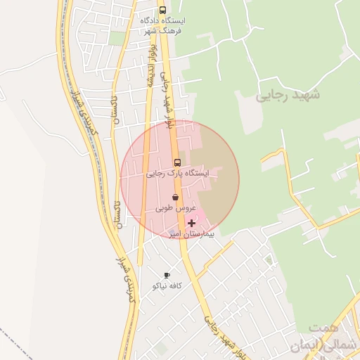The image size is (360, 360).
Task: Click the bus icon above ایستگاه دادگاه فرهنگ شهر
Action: (x=162, y=11)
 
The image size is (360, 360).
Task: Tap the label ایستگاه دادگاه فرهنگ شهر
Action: (x=161, y=26)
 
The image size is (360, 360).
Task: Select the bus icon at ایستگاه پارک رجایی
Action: (x=176, y=163)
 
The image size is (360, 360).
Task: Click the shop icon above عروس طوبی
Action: (x=174, y=198)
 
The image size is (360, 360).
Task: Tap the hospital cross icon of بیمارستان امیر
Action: (x=191, y=223)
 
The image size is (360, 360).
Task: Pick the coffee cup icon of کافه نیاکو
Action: (x=167, y=275)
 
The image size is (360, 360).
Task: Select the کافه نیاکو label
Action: (x=167, y=285)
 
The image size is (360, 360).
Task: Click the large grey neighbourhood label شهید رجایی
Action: (x=288, y=94)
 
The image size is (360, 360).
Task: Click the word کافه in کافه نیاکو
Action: (x=174, y=285)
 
